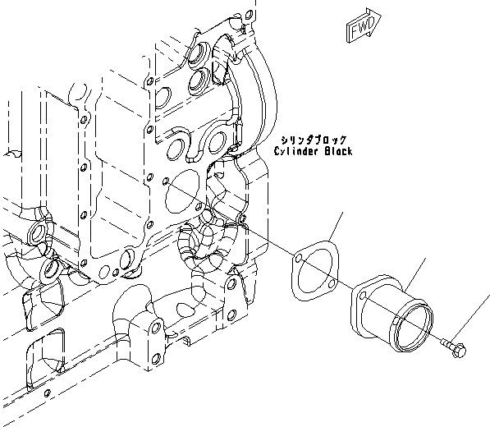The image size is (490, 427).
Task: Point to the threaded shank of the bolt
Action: click(448, 344)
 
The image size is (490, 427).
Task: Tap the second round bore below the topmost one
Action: click(198, 80)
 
